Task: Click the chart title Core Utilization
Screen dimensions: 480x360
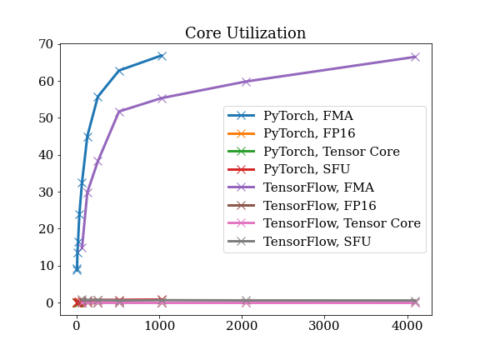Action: click(x=245, y=32)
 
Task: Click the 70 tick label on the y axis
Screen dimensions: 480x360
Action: click(x=46, y=44)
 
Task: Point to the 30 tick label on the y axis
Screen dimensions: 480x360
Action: click(x=46, y=192)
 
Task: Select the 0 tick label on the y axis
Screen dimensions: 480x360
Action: click(x=50, y=303)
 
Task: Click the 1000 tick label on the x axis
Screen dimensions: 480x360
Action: click(x=159, y=326)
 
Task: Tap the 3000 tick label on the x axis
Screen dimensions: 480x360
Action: click(x=324, y=326)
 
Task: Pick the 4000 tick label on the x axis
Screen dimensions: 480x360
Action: click(x=407, y=326)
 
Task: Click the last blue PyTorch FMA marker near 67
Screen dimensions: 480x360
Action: click(x=162, y=56)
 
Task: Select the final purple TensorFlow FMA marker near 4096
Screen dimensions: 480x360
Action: click(x=415, y=57)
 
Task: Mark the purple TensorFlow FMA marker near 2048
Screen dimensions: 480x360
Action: click(x=246, y=82)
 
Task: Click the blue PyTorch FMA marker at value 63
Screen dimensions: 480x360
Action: click(x=120, y=71)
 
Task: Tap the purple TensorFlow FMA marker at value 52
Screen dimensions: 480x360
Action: click(x=120, y=112)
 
